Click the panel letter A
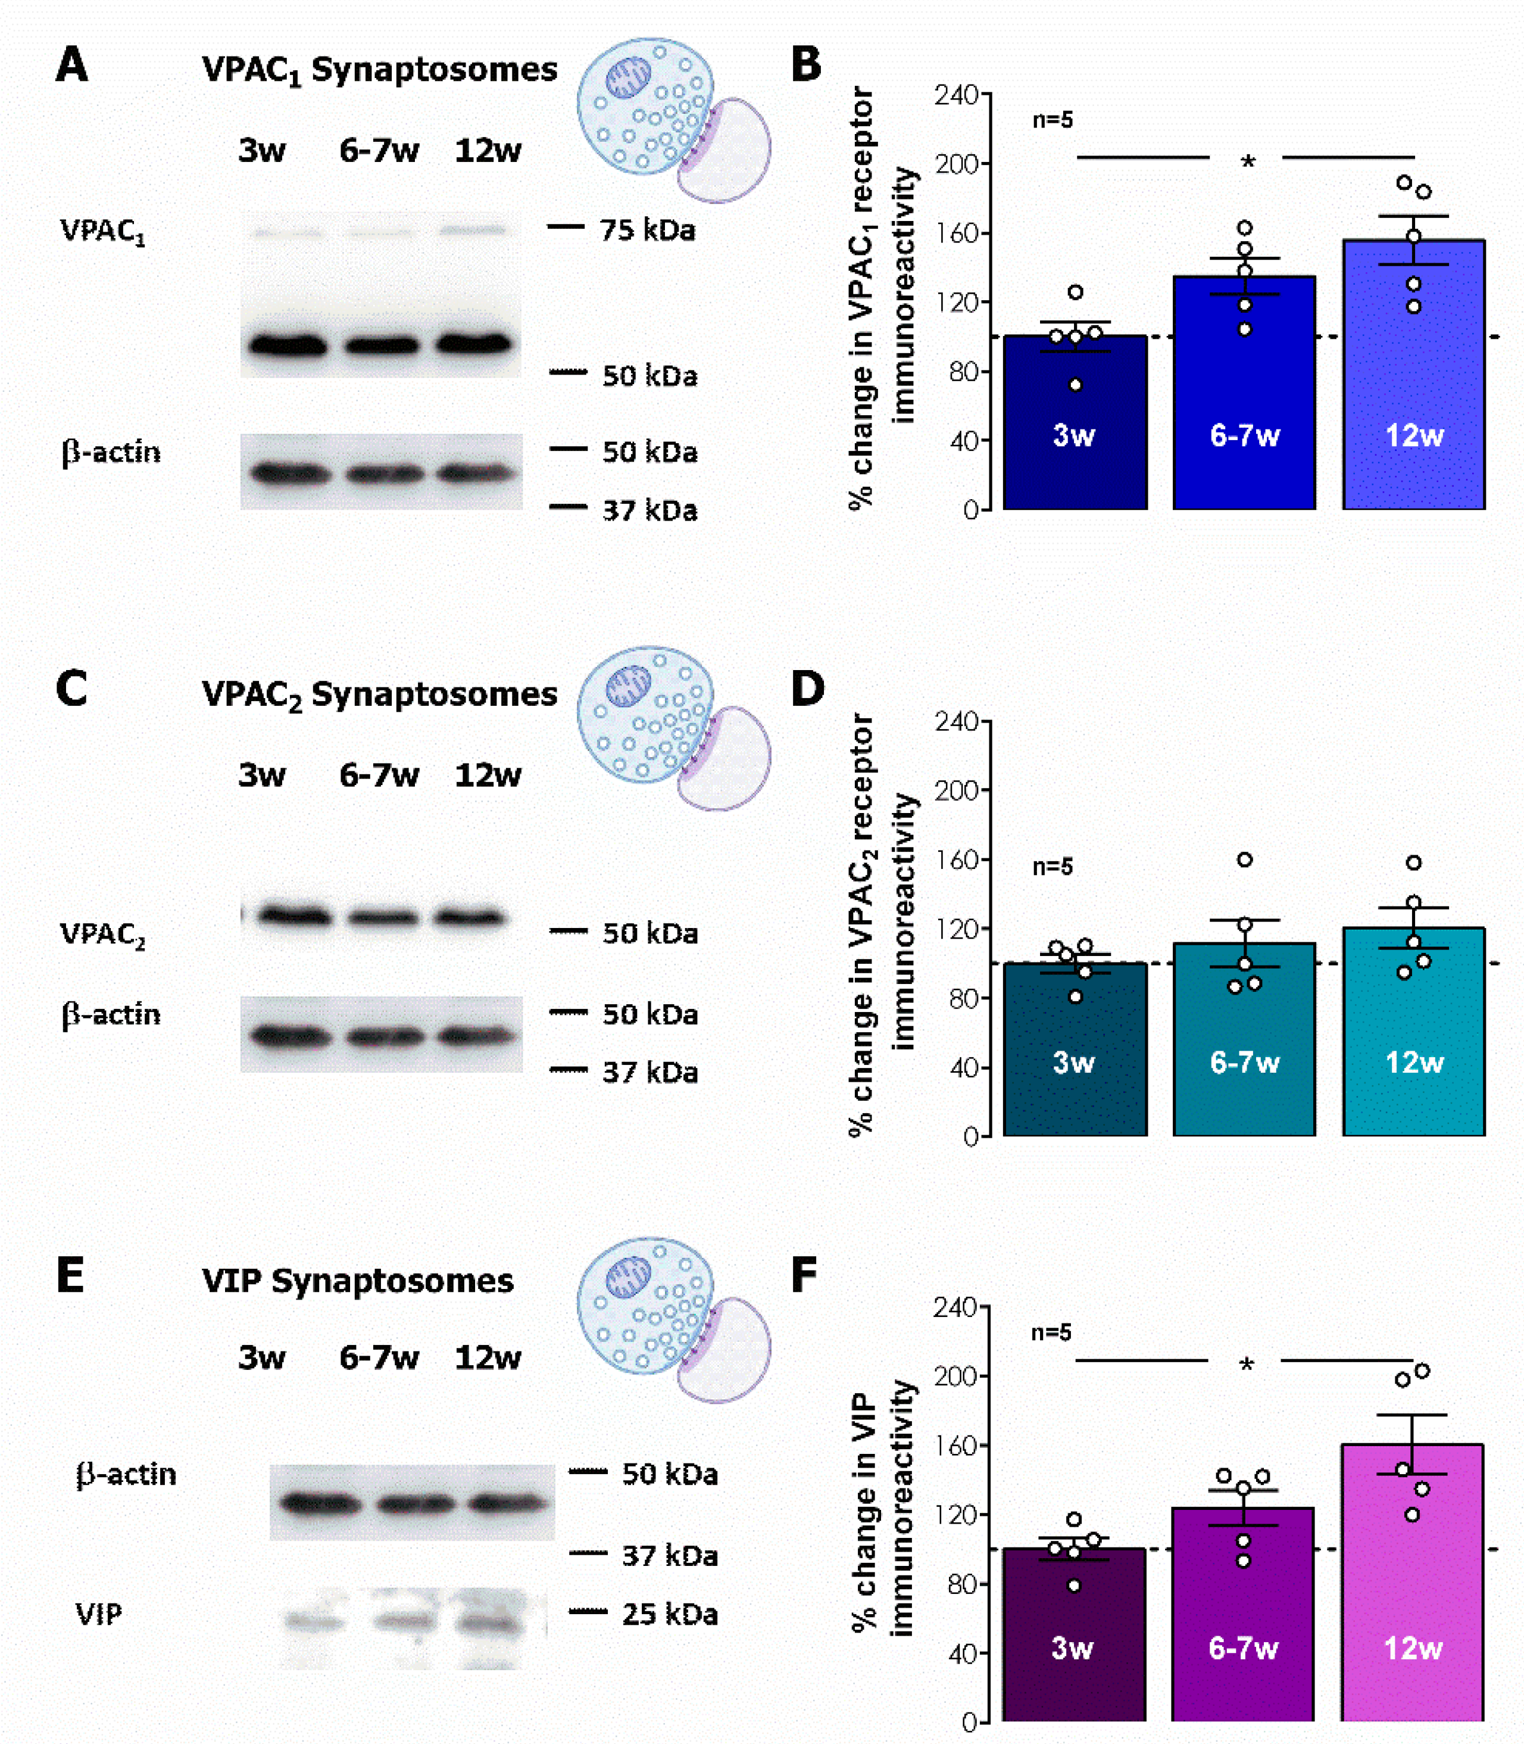click(x=71, y=66)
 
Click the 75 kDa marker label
click(x=647, y=230)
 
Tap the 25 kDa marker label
click(x=669, y=1613)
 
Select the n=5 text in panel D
click(x=1052, y=867)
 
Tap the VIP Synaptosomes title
click(x=357, y=1281)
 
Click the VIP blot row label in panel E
click(x=99, y=1613)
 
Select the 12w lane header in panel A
click(x=488, y=151)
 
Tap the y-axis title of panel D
click(x=883, y=924)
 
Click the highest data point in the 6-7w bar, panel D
click(x=1244, y=859)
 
